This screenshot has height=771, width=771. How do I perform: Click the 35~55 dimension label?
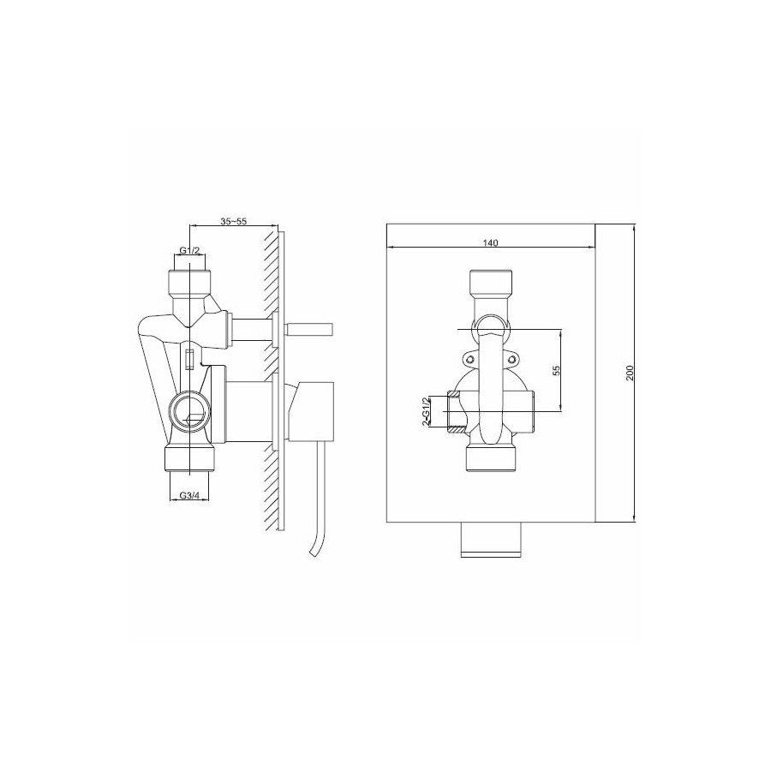click(x=233, y=221)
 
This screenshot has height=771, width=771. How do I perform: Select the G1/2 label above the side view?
click(x=189, y=251)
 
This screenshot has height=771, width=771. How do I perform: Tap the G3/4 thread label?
click(x=189, y=495)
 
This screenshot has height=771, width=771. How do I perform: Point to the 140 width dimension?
click(x=490, y=242)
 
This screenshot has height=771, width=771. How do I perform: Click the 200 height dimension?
click(x=631, y=373)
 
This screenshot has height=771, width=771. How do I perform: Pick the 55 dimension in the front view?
click(x=556, y=370)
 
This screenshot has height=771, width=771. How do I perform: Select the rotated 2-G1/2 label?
click(x=426, y=411)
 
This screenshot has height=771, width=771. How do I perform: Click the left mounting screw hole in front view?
click(x=470, y=360)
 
